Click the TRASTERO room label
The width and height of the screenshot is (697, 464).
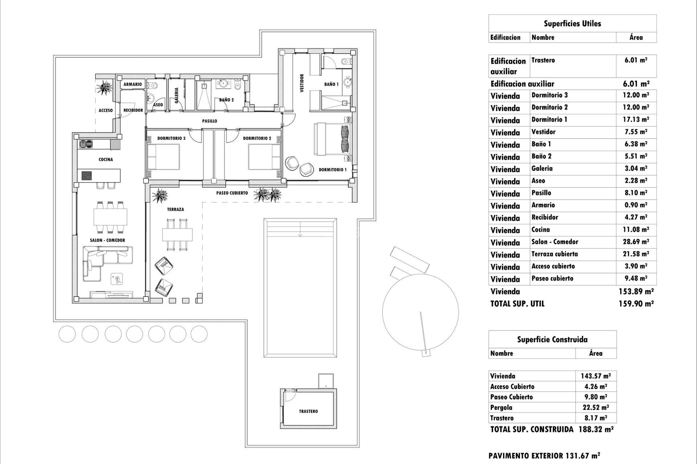coord(308,411)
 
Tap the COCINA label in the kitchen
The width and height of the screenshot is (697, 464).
coord(106,159)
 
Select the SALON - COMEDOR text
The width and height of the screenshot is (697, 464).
coord(107,240)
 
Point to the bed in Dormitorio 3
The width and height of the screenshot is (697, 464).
coord(163,157)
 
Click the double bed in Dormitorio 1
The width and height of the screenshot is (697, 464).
coord(332,139)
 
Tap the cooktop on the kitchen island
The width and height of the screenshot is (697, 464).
coord(86,176)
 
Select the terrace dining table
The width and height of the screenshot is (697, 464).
coord(177,235)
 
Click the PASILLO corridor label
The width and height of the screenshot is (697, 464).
coord(209,121)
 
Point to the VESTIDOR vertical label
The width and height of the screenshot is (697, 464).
coord(302,83)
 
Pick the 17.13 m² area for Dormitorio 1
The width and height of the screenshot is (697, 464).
coord(636,120)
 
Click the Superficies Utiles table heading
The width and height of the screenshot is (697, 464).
coord(572,24)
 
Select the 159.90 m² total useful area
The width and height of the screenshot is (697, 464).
coord(636,304)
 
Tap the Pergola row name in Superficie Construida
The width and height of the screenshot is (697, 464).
coord(501,407)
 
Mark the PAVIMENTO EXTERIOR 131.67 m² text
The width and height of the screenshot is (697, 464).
coord(544,456)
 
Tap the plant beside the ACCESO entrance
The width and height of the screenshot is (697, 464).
coord(105,87)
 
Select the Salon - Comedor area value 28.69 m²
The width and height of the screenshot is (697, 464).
coord(636,242)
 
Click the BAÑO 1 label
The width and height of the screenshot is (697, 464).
coord(331,84)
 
